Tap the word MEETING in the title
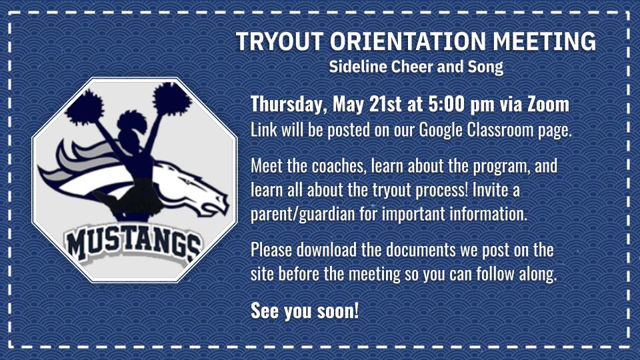(545, 41)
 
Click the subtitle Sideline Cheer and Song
(416, 67)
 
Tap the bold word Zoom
(548, 105)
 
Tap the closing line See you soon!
(305, 311)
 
